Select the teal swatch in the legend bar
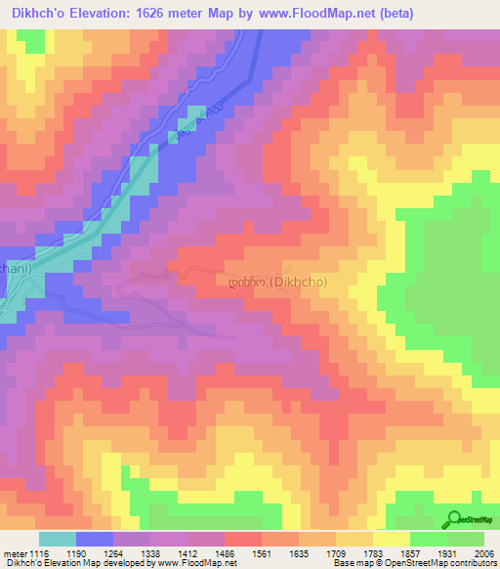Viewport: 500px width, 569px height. (x=57, y=539)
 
